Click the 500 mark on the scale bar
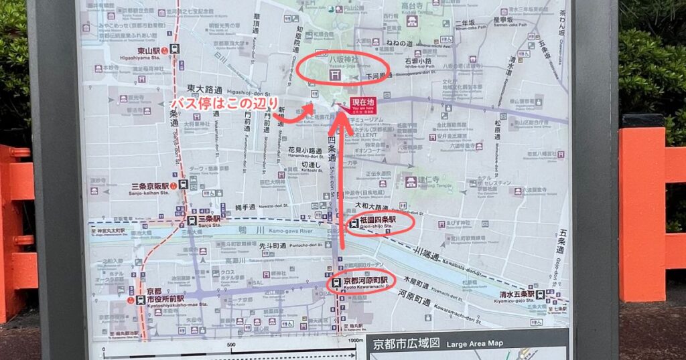click(232, 345)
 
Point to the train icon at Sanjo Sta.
click(191, 219)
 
